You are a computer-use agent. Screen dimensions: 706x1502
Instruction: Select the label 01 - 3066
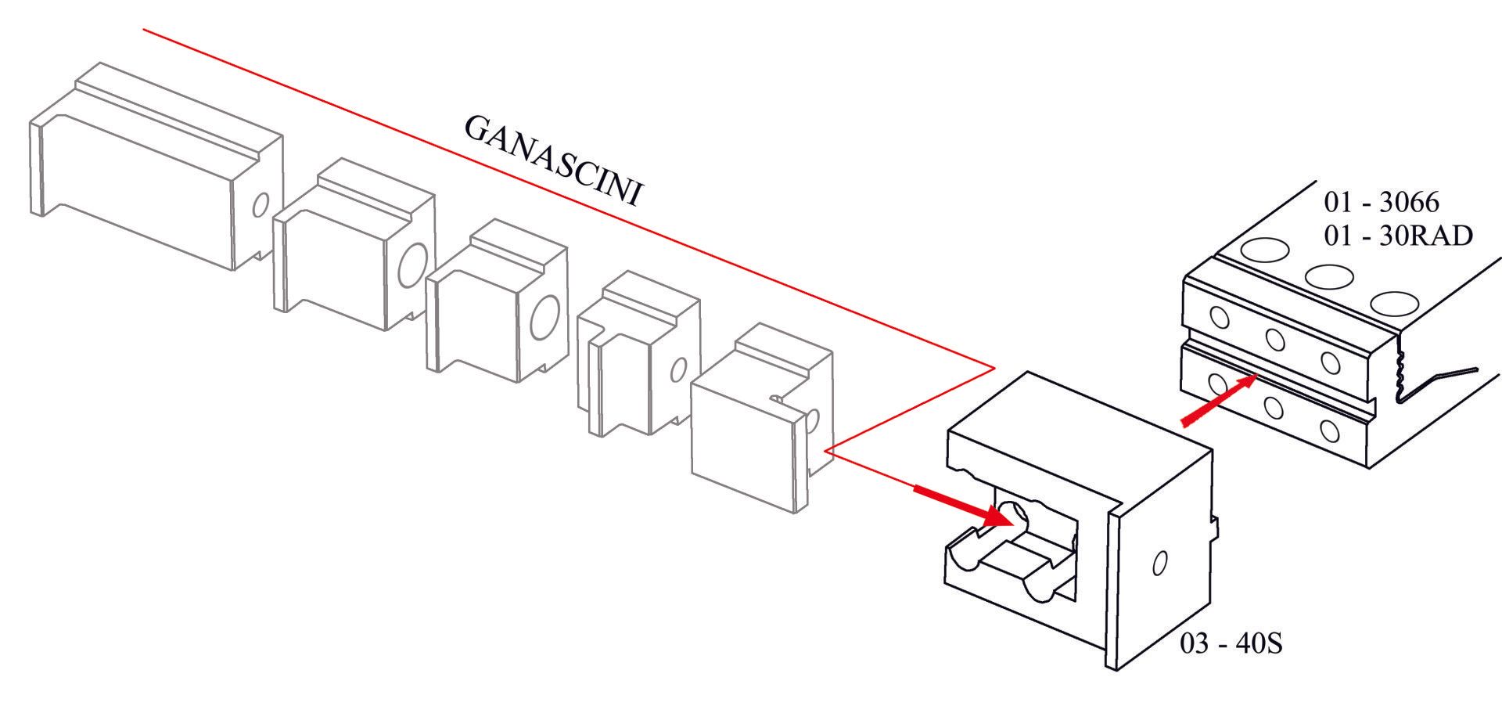click(x=1381, y=202)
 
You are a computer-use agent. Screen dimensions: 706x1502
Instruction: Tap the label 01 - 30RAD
click(x=1398, y=235)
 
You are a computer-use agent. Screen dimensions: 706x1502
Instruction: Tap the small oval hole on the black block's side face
click(x=1160, y=563)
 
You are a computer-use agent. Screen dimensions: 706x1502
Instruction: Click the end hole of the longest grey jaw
click(x=261, y=204)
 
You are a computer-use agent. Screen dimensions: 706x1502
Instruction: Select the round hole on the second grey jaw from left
click(x=412, y=265)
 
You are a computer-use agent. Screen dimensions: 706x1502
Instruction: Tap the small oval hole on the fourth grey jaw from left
click(x=678, y=369)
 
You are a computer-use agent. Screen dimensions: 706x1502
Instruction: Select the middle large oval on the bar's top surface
click(x=1329, y=276)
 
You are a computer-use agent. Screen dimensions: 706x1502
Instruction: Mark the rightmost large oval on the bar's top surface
click(x=1395, y=303)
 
